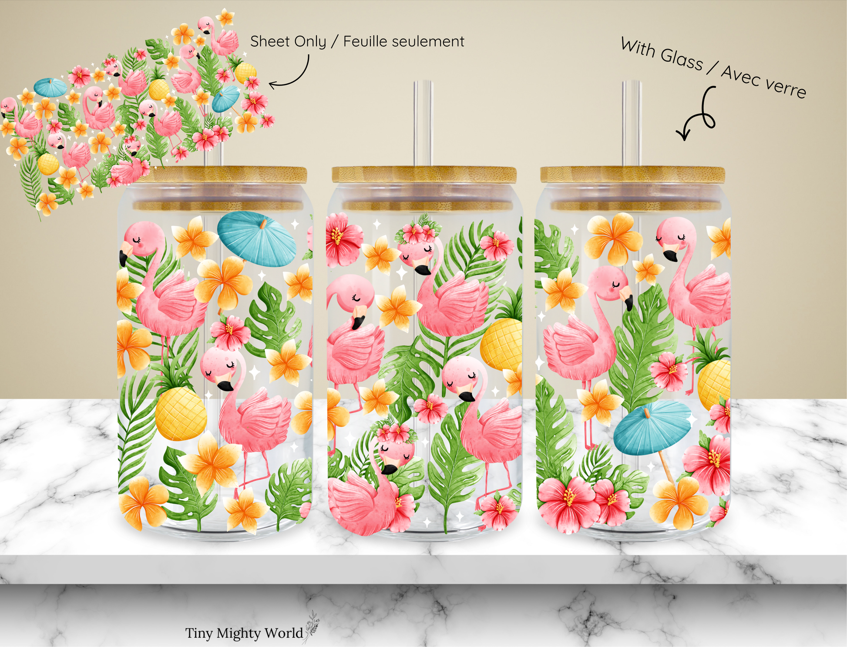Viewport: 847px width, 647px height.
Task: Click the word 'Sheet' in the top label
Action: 270,41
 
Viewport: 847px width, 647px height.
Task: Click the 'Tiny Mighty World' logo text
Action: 244,633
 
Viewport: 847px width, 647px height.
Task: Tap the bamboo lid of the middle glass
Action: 424,174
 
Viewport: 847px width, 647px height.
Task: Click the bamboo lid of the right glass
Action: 632,174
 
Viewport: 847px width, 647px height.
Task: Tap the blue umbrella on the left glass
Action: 257,238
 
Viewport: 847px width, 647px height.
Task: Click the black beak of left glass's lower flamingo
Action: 225,386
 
